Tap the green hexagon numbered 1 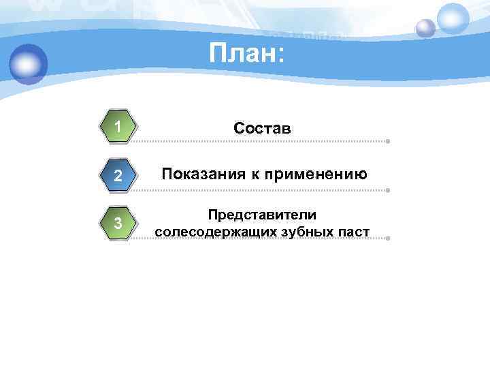tap(118, 127)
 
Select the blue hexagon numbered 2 tap(118, 175)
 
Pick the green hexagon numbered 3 tap(118, 224)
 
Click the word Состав tap(262, 127)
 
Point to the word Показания tap(202, 174)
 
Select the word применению tap(318, 174)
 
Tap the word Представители tap(262, 215)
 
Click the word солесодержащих tap(212, 232)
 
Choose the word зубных tap(306, 232)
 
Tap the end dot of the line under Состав tap(387, 142)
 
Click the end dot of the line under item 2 tap(387, 190)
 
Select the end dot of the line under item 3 tap(387, 239)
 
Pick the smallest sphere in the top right tap(425, 28)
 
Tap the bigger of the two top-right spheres tap(453, 18)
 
